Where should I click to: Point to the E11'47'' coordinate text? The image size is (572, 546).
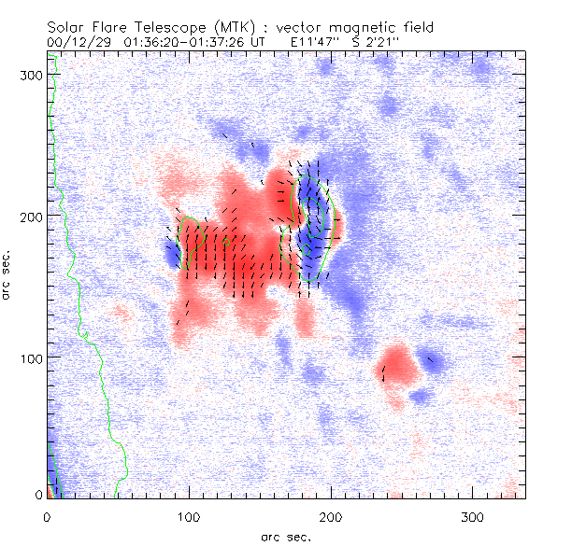point(312,42)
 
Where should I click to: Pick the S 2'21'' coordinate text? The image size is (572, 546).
point(378,42)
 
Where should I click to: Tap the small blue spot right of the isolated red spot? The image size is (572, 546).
point(434,360)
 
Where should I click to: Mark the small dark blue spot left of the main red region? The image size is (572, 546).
point(172,254)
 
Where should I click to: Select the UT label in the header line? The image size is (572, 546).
point(269,42)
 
